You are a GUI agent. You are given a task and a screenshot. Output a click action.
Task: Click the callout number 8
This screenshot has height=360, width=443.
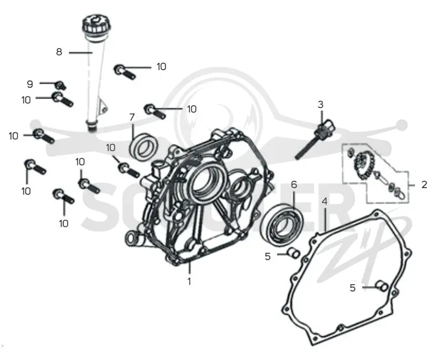click(59, 52)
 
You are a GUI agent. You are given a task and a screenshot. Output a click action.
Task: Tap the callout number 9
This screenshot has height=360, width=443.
click(30, 84)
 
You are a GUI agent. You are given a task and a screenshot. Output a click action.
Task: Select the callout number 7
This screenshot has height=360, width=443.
click(132, 117)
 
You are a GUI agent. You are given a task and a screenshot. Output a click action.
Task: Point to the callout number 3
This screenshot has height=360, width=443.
click(321, 105)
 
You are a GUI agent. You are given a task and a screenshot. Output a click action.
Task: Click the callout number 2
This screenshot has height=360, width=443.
click(424, 184)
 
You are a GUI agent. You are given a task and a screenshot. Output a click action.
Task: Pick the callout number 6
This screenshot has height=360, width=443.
click(294, 184)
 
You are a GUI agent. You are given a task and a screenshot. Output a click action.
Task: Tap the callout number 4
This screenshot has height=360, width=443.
click(324, 202)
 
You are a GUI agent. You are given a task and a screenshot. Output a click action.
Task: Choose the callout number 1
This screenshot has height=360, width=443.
click(189, 281)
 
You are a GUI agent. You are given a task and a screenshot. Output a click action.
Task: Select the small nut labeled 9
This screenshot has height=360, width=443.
click(61, 85)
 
